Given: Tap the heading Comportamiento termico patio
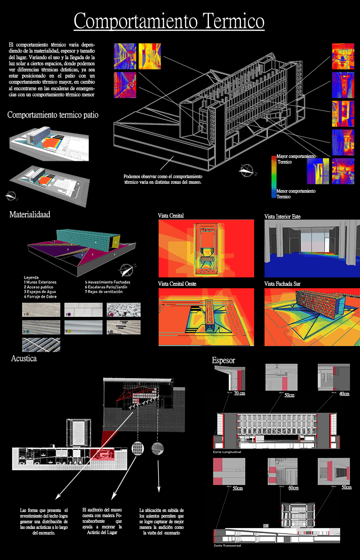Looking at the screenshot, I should pyautogui.click(x=53, y=115).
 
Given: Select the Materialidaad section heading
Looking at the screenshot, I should pyautogui.click(x=30, y=214).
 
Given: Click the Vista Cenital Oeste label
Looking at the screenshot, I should pyautogui.click(x=177, y=284).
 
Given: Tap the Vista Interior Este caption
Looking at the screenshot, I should pyautogui.click(x=282, y=216).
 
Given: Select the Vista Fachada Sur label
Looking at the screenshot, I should pyautogui.click(x=282, y=284).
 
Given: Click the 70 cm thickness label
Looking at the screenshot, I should pyautogui.click(x=239, y=393).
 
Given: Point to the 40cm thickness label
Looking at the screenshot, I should pyautogui.click(x=344, y=393).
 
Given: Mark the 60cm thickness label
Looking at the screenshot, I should pyautogui.click(x=293, y=488).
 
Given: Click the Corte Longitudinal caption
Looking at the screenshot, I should pyautogui.click(x=227, y=451).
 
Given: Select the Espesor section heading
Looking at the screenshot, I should pyautogui.click(x=224, y=360).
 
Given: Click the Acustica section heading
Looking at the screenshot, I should pyautogui.click(x=24, y=359).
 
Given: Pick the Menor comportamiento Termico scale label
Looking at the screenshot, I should pyautogui.click(x=296, y=194).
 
